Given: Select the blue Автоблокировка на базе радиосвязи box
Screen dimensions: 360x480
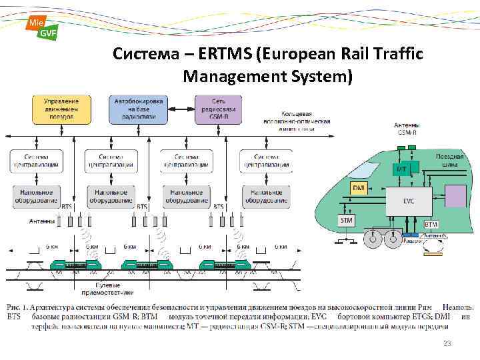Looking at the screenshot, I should click(139, 109).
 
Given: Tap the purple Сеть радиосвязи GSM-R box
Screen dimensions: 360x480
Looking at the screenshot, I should click(219, 109).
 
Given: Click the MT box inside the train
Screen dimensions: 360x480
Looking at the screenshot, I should click(402, 169).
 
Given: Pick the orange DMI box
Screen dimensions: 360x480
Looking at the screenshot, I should click(359, 188).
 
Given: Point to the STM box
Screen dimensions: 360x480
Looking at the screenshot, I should click(347, 219).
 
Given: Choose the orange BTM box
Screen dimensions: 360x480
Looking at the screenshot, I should click(431, 225).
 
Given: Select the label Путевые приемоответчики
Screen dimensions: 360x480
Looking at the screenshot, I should click(108, 289).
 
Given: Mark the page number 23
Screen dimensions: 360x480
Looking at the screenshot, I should click(448, 343).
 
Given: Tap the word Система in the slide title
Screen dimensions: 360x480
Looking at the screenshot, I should click(138, 53).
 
